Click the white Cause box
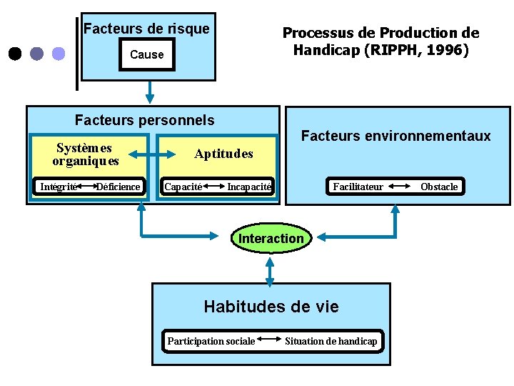click(x=147, y=54)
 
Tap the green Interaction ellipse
click(x=271, y=238)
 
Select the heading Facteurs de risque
click(x=147, y=29)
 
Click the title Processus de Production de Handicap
click(x=381, y=41)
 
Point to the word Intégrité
click(x=58, y=187)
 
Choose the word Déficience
click(x=119, y=187)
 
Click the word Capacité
click(x=183, y=187)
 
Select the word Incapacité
click(x=249, y=187)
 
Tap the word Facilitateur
click(x=358, y=187)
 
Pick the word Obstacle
click(x=439, y=187)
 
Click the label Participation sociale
click(x=211, y=341)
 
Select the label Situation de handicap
click(x=331, y=341)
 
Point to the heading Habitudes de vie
click(x=271, y=307)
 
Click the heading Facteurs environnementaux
click(x=396, y=136)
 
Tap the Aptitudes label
click(x=223, y=154)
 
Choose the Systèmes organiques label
click(x=85, y=154)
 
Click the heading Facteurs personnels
click(x=144, y=120)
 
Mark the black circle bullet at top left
click(x=14, y=54)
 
